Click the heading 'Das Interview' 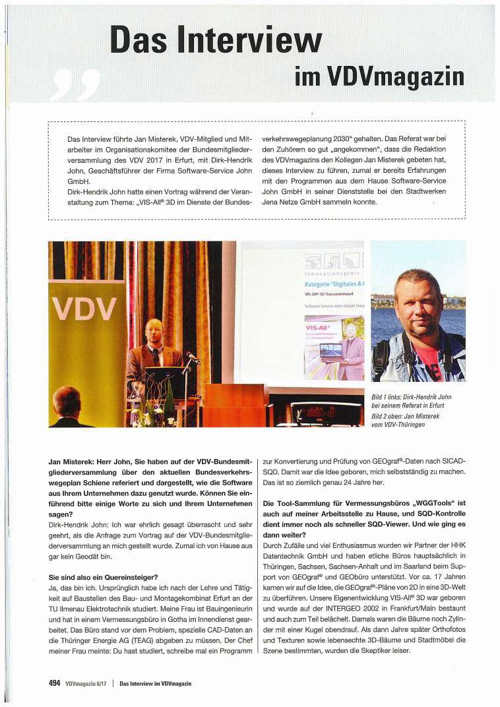[x=216, y=39]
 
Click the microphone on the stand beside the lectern [x=191, y=359]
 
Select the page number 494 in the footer [x=55, y=683]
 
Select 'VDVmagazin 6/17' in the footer [x=87, y=684]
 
